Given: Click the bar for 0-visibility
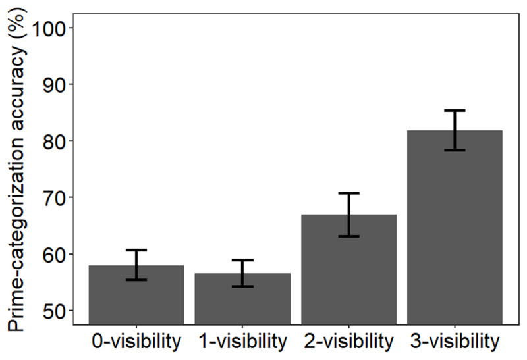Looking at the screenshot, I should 136,296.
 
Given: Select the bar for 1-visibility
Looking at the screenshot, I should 242,299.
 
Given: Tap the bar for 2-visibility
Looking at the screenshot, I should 349,276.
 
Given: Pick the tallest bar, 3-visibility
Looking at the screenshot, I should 455,230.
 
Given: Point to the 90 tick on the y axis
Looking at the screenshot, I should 54,84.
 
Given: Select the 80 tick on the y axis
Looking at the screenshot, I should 54,141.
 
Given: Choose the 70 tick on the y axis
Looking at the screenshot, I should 54,197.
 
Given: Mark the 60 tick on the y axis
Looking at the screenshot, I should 54,254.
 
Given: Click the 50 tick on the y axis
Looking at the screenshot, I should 54,311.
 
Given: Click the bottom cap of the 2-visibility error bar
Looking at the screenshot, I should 349,236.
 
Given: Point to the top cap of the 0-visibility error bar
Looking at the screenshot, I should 136,250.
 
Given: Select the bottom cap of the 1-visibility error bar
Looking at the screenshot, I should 242,286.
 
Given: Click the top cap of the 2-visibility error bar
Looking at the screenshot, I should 349,193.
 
